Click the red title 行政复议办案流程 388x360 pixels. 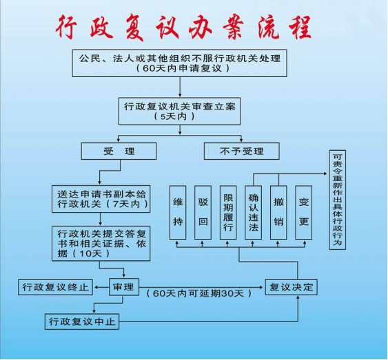click(x=183, y=27)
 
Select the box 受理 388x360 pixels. click(x=119, y=151)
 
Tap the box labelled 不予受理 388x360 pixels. click(x=242, y=151)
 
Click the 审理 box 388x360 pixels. click(x=124, y=287)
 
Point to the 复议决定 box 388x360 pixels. click(x=292, y=287)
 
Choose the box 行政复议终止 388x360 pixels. click(x=55, y=287)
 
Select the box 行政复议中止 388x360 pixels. click(x=82, y=321)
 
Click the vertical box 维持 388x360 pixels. click(x=178, y=213)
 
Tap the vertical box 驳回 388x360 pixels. click(x=203, y=213)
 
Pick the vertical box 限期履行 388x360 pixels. click(x=228, y=213)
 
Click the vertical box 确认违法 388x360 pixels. click(x=253, y=213)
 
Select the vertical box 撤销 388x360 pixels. click(x=278, y=213)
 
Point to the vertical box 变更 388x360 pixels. click(x=304, y=213)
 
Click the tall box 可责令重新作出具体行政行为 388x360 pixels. click(x=337, y=200)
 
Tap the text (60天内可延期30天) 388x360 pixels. click(x=199, y=293)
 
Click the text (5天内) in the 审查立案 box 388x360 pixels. click(x=174, y=116)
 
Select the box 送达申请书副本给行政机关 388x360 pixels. click(x=101, y=199)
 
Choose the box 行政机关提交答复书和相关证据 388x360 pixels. click(x=101, y=244)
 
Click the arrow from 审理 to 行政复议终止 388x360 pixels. click(x=102, y=287)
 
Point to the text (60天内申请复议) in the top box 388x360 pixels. click(x=183, y=68)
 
